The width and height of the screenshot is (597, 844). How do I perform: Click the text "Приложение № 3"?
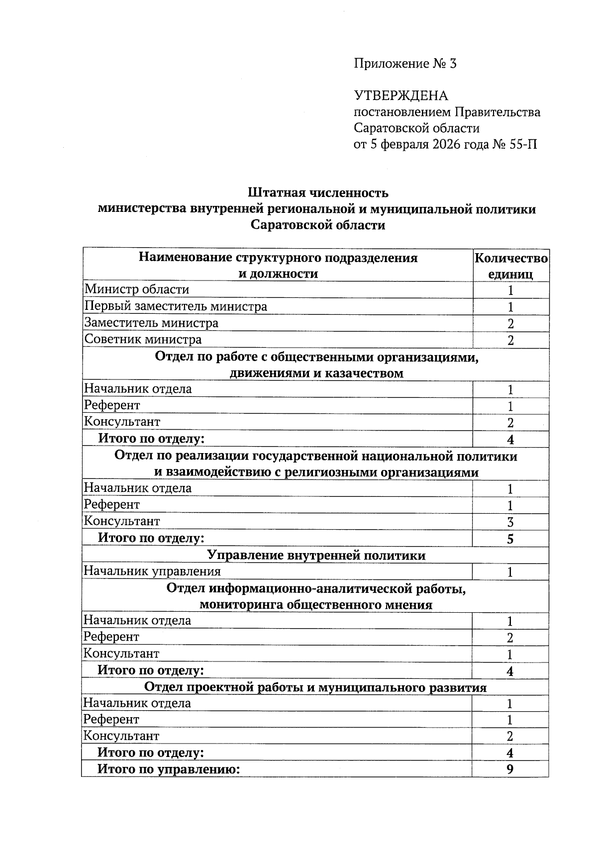(404, 64)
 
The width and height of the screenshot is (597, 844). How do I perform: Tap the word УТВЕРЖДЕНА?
(401, 95)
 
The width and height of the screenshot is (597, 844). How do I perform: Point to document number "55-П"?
(523, 145)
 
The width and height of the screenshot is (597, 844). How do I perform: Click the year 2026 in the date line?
(453, 145)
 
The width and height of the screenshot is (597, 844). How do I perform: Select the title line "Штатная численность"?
(317, 192)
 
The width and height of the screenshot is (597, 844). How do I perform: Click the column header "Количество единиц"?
(511, 266)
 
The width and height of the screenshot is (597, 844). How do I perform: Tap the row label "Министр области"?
(137, 289)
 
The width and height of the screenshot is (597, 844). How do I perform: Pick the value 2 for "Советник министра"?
(510, 341)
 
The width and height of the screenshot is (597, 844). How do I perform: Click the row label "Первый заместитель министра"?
(176, 306)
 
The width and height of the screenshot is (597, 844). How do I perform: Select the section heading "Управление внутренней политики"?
(316, 555)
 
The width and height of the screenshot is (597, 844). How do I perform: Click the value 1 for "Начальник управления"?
(510, 572)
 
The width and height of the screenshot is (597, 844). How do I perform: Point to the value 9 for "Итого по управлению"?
(510, 769)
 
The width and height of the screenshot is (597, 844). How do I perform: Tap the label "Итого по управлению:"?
(169, 769)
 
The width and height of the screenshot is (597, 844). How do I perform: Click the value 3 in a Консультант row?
(510, 522)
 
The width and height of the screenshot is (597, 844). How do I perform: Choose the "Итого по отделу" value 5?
(510, 539)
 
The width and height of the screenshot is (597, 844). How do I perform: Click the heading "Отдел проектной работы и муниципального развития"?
(315, 687)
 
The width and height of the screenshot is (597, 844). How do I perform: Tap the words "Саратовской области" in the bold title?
(317, 225)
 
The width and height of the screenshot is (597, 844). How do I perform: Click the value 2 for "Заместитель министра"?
(510, 324)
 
